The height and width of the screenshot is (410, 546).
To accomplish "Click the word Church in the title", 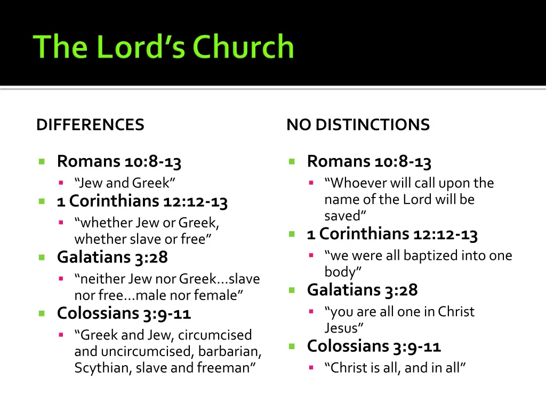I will click(x=243, y=47).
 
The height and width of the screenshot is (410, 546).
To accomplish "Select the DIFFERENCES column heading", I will click(x=90, y=125).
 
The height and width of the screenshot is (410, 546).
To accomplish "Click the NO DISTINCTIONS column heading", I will click(x=358, y=125).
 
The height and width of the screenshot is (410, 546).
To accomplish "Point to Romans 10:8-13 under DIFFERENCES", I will click(x=119, y=161).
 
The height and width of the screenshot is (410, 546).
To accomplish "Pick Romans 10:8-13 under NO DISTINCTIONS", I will click(x=369, y=161).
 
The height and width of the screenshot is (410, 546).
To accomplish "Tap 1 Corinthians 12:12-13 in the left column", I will click(x=142, y=201).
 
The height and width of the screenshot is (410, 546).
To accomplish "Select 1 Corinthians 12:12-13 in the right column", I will click(x=392, y=234).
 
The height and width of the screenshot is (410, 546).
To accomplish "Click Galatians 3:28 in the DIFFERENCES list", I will click(x=113, y=257).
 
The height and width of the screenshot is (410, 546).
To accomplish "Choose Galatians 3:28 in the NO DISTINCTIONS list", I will click(x=363, y=290).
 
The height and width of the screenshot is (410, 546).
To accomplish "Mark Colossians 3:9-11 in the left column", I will click(x=124, y=313).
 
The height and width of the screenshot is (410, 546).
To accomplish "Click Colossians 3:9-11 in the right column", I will click(x=374, y=346).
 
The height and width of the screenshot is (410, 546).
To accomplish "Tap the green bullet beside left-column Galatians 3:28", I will click(x=42, y=257).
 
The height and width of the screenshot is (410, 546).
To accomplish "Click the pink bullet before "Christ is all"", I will click(x=311, y=368).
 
